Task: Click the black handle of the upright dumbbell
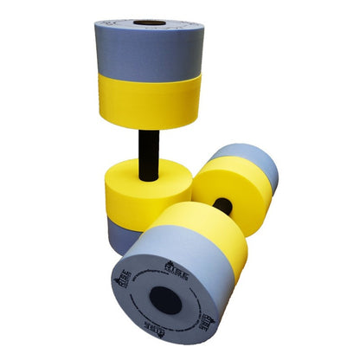click(x=148, y=147)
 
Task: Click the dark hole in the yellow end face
click(x=223, y=206)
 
